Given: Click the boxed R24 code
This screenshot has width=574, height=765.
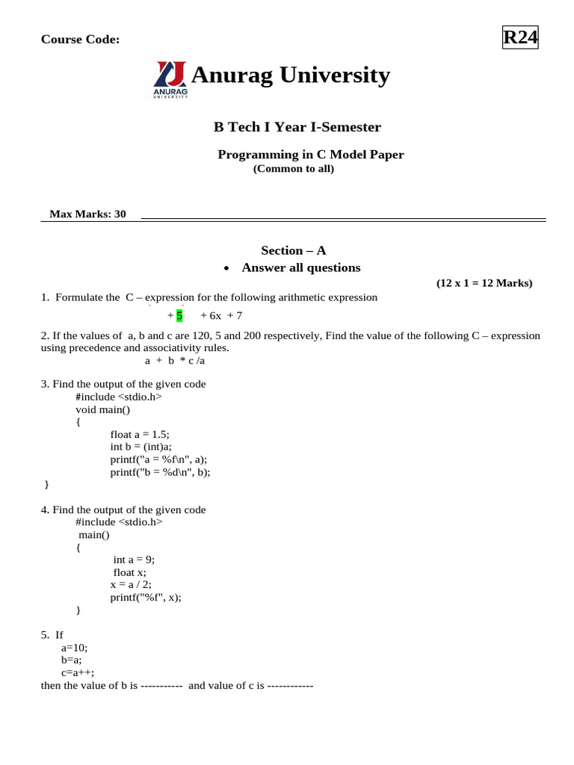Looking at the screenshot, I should click(x=521, y=37).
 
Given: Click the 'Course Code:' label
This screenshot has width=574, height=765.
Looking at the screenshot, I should click(x=80, y=40).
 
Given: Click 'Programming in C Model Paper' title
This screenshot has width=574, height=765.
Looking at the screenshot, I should click(x=310, y=155).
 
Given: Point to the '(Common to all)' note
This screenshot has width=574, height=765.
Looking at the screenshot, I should click(x=293, y=169).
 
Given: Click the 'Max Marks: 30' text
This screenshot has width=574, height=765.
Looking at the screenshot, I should click(x=87, y=214).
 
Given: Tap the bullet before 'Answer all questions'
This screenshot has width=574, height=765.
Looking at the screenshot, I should click(x=227, y=268).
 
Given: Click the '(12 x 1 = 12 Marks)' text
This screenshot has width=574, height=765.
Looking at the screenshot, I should click(x=484, y=283).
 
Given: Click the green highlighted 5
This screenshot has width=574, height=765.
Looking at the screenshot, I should click(x=179, y=316).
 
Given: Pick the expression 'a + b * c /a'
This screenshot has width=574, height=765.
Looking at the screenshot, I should click(x=174, y=360).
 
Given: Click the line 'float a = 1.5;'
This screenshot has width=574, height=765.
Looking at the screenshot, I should click(x=145, y=434).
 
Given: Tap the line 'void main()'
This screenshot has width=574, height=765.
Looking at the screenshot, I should click(x=102, y=409).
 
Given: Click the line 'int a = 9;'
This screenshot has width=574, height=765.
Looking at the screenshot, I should click(x=134, y=559).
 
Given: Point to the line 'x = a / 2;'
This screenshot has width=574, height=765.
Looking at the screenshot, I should click(x=135, y=584).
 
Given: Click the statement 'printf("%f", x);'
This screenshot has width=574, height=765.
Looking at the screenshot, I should click(x=146, y=597).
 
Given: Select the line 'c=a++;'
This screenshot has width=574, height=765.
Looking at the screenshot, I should click(x=78, y=672).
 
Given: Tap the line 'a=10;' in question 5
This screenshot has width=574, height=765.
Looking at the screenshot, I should click(x=75, y=648).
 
